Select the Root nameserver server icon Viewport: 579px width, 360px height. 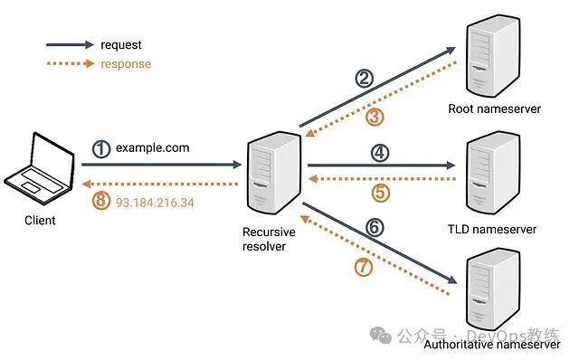(493, 56)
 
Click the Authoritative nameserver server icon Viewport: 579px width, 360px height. (493, 291)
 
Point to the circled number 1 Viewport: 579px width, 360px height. (101, 147)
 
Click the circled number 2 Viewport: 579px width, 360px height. (364, 79)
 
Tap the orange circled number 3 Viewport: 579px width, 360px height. (375, 116)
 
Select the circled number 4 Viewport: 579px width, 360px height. (380, 153)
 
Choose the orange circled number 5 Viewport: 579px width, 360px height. (380, 193)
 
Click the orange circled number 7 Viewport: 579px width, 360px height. (363, 268)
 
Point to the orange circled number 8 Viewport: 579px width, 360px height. (101, 202)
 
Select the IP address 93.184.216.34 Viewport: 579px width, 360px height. (155, 202)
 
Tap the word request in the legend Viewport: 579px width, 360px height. (121, 44)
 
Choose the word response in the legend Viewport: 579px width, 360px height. (126, 64)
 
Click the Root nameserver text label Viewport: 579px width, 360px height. (494, 109)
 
